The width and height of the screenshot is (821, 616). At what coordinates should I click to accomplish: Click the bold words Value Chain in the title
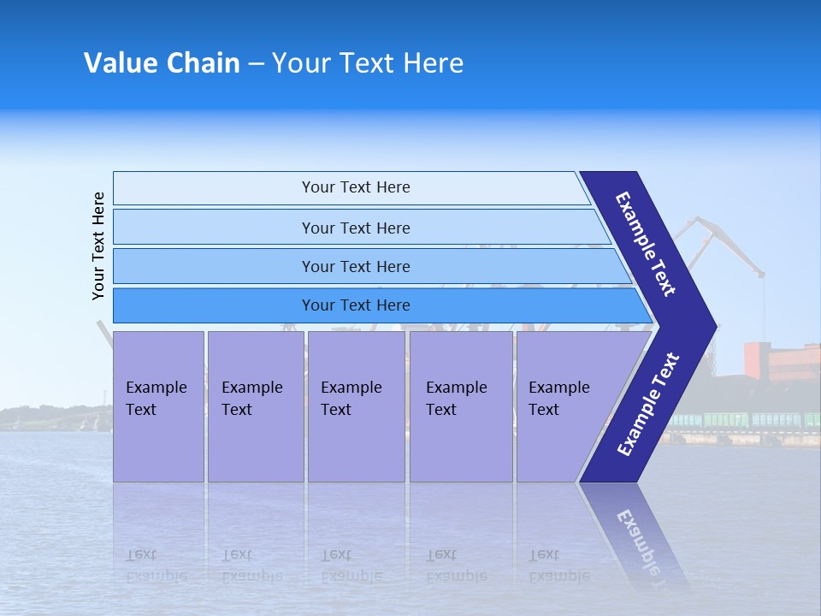point(162,63)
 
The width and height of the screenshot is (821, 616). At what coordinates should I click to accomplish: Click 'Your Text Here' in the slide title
point(368,63)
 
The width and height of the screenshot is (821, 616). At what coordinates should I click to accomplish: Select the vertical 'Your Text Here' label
point(98,246)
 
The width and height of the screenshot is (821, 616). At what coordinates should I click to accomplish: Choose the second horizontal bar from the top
point(355,228)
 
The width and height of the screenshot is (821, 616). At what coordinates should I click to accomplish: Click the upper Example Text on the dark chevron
point(646,244)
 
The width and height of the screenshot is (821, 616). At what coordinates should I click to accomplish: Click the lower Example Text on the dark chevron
point(648,405)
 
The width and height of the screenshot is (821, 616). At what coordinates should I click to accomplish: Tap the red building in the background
point(780,360)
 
